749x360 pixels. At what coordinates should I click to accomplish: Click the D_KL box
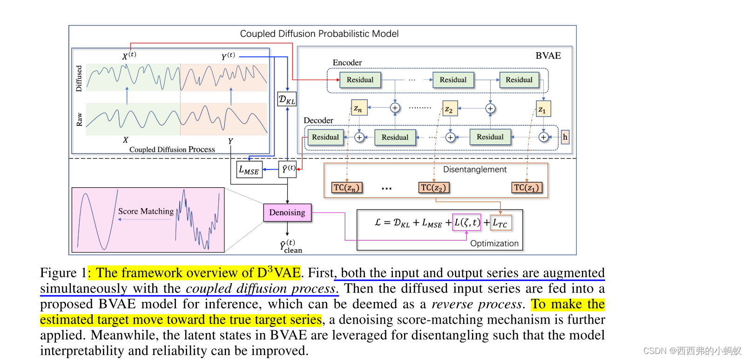(x=287, y=99)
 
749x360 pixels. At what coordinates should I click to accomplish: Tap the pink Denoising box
(x=287, y=212)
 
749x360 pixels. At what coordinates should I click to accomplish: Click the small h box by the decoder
(x=565, y=137)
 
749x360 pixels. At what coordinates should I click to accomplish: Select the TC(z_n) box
(x=347, y=188)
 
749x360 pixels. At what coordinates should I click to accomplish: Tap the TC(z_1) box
(x=526, y=188)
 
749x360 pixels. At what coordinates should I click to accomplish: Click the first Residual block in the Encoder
(x=360, y=80)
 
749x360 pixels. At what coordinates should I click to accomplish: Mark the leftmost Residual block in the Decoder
(x=325, y=137)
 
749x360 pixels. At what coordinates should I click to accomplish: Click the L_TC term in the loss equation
(x=501, y=223)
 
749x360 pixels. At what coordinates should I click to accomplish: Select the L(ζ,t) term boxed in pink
(x=467, y=222)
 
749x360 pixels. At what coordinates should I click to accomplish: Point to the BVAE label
(x=548, y=55)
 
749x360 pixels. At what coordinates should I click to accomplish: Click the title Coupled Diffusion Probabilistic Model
(x=319, y=34)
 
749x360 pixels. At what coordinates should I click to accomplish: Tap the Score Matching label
(x=146, y=211)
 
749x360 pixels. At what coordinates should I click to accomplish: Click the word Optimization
(x=494, y=243)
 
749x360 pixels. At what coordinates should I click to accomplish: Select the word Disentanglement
(x=474, y=170)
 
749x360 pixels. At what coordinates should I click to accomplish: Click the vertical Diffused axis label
(x=79, y=78)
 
